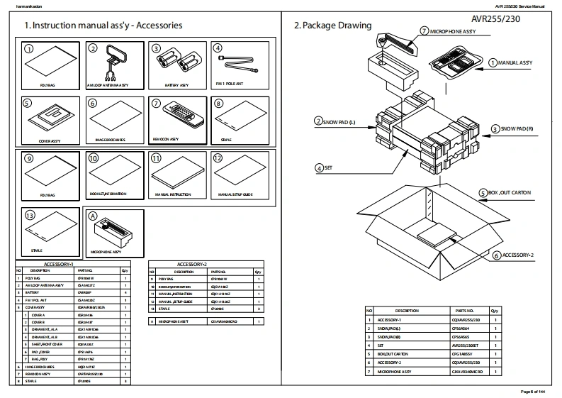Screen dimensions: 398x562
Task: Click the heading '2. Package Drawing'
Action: click(332, 26)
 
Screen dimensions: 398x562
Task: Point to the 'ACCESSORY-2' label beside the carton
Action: click(519, 254)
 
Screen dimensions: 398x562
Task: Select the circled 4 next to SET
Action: click(320, 168)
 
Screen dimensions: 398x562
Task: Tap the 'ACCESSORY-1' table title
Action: click(74, 264)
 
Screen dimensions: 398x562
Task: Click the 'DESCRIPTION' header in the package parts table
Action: click(406, 311)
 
